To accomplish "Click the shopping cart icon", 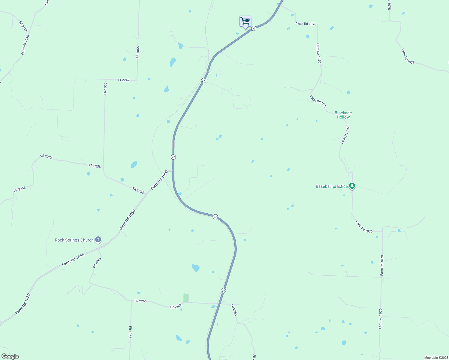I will (x=245, y=22).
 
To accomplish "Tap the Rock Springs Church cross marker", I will (x=98, y=240).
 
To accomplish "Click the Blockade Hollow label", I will (x=343, y=115).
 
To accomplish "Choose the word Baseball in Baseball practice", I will (x=324, y=186).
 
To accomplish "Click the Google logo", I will (x=10, y=356).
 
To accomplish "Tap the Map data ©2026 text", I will (x=436, y=358).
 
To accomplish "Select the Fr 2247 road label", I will (x=124, y=80).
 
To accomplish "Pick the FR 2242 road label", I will (x=23, y=26).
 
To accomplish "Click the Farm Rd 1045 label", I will (x=25, y=45).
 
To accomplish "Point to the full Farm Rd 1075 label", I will (x=408, y=56).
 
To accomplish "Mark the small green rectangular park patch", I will (x=186, y=298).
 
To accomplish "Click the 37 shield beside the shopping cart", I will (x=254, y=28).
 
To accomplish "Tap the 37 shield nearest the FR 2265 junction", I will (x=223, y=290).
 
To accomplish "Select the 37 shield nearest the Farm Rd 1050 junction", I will (x=173, y=157).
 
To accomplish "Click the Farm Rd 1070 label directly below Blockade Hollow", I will (x=345, y=134).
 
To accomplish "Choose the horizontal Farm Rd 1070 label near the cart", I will (x=306, y=23).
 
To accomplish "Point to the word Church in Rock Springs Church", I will (x=87, y=240).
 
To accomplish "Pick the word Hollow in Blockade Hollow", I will (x=343, y=117).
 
